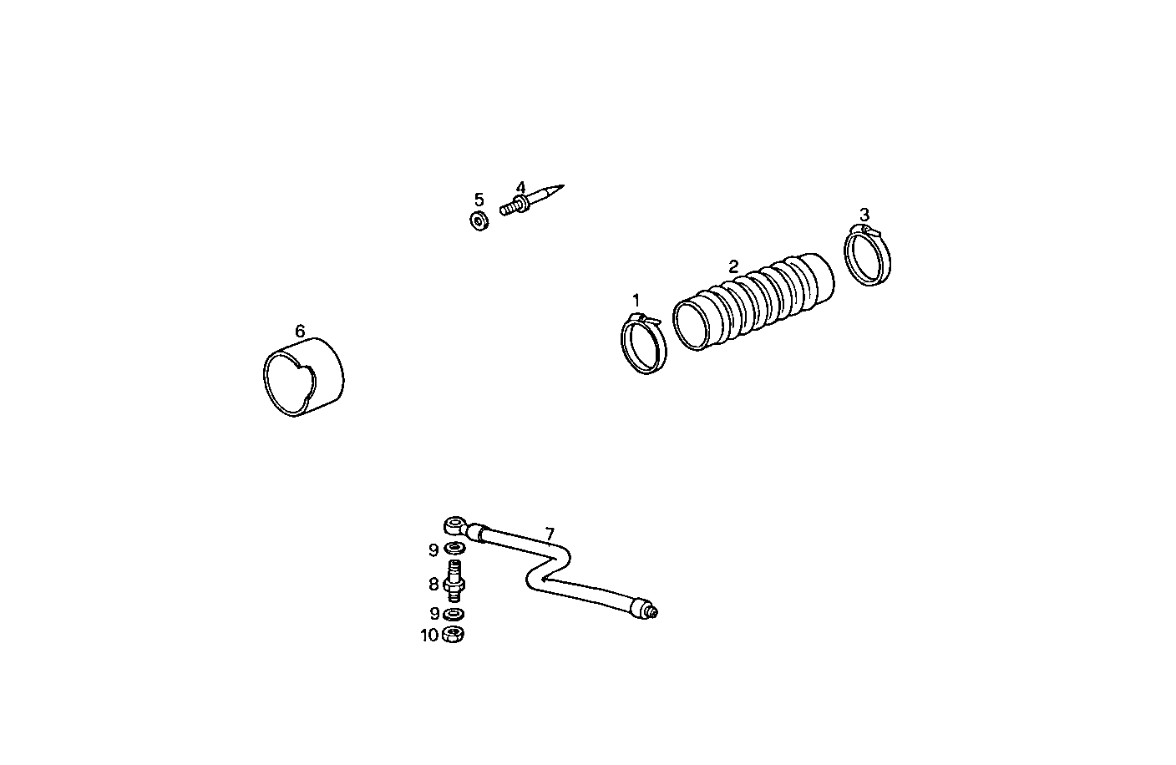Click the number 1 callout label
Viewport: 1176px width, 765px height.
coord(636,299)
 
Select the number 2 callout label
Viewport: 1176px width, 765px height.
coord(733,267)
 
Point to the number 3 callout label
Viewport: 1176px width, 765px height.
coord(864,215)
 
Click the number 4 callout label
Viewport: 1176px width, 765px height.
coord(520,188)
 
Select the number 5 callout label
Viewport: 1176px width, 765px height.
coord(479,200)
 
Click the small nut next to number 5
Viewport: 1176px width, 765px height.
coord(479,222)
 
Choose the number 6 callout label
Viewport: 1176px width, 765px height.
coord(300,332)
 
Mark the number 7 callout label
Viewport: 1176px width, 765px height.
coord(549,534)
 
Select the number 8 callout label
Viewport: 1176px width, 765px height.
coord(433,585)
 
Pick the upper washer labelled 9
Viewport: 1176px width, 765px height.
coord(455,549)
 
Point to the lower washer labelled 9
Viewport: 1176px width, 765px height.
coord(454,615)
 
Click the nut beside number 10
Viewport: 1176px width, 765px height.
coord(454,635)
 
